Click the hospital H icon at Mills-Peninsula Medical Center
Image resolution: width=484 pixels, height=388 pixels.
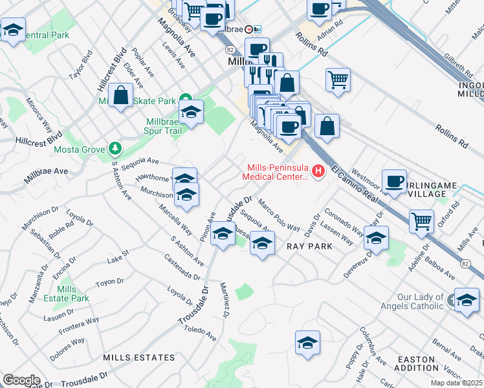[x=318, y=171]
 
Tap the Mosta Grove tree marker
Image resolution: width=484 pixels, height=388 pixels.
[x=115, y=149]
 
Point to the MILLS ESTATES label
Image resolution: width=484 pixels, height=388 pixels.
[x=138, y=357]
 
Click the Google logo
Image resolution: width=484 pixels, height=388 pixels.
[x=21, y=380]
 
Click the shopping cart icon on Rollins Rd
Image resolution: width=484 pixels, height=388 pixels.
[x=338, y=80]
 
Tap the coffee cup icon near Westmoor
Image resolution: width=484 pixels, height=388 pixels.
[x=394, y=181]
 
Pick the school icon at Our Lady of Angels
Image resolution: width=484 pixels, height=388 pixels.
[x=467, y=301]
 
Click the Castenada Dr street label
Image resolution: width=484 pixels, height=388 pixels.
[x=182, y=267]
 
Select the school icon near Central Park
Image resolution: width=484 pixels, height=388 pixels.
[x=12, y=30]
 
